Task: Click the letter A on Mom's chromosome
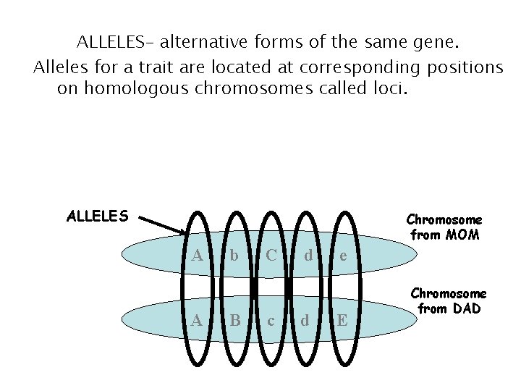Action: click(x=198, y=255)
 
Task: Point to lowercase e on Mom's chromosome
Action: click(x=343, y=256)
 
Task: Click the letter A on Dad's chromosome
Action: click(x=198, y=319)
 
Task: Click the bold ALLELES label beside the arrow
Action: click(x=98, y=216)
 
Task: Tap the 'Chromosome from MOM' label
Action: click(x=444, y=227)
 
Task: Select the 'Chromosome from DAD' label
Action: click(x=448, y=301)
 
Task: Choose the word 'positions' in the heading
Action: click(x=461, y=67)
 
